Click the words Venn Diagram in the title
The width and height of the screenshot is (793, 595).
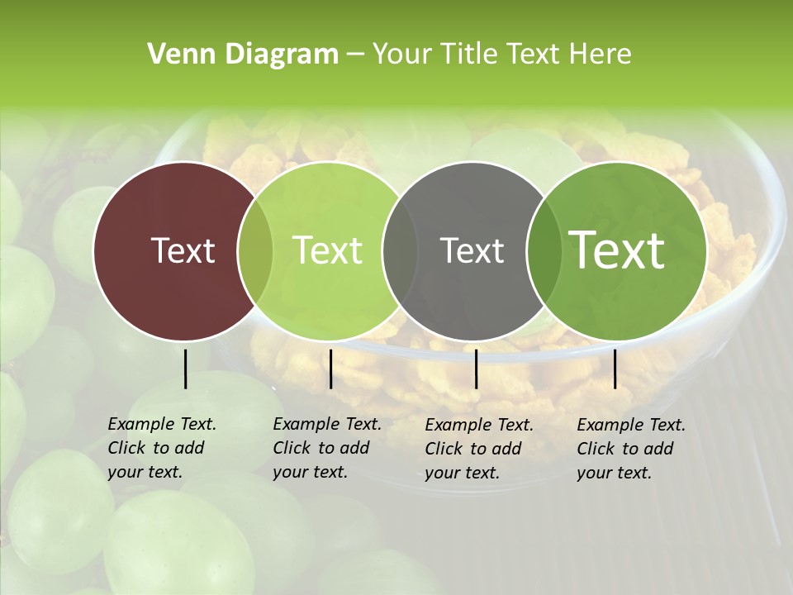pyautogui.click(x=242, y=55)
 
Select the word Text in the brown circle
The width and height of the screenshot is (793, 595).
pyautogui.click(x=183, y=250)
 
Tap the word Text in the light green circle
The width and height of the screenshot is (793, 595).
pyautogui.click(x=328, y=250)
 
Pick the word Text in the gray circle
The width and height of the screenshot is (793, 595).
pyautogui.click(x=472, y=250)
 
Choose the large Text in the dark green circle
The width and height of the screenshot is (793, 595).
pyautogui.click(x=617, y=250)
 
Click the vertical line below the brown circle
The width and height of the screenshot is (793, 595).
pyautogui.click(x=185, y=369)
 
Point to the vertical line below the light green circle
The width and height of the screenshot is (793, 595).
pyautogui.click(x=330, y=369)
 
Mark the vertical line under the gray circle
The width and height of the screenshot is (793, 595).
pyautogui.click(x=476, y=369)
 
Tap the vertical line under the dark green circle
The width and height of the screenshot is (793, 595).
pyautogui.click(x=615, y=369)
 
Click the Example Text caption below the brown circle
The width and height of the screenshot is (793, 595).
pyautogui.click(x=162, y=425)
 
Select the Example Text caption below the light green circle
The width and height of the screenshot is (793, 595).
pyautogui.click(x=327, y=425)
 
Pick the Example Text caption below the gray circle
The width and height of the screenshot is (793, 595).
pyautogui.click(x=479, y=426)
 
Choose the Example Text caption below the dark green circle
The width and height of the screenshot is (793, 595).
pyautogui.click(x=631, y=426)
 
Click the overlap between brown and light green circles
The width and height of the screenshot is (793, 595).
pyautogui.click(x=255, y=250)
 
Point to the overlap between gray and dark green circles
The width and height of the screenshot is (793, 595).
pyautogui.click(x=541, y=250)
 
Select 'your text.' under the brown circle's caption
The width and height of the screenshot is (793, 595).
pyautogui.click(x=145, y=473)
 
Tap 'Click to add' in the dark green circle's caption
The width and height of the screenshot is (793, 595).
pyautogui.click(x=625, y=449)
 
